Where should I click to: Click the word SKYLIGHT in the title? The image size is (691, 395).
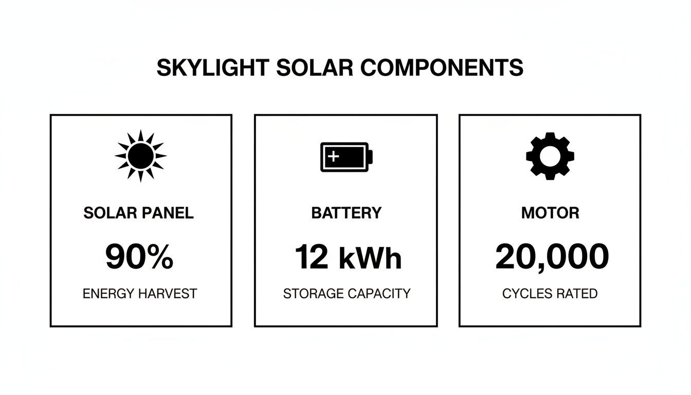pos(212,68)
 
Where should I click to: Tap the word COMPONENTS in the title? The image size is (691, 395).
pos(442,68)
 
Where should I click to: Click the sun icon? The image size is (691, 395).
pos(140,155)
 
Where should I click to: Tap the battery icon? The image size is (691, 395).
pos(347,156)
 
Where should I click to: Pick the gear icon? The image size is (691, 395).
pos(550,156)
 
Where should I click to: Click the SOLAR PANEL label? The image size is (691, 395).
pos(139,213)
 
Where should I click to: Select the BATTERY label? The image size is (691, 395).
pos(347,213)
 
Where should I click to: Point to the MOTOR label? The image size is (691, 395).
pos(550,213)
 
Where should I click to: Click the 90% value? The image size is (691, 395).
pos(139,257)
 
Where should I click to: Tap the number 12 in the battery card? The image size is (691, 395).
pos(311,257)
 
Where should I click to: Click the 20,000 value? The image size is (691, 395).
pos(552,257)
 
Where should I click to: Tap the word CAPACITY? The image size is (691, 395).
pos(379,294)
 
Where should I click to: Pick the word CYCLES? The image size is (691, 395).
pos(526,294)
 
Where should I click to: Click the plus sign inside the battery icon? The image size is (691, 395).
pos(333,156)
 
